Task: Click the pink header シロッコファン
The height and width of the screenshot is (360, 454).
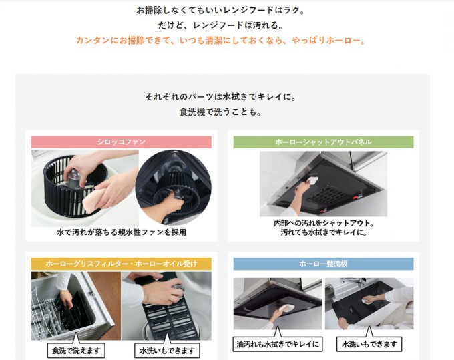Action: pos(122,142)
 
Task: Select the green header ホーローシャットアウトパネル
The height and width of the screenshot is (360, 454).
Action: pos(323,142)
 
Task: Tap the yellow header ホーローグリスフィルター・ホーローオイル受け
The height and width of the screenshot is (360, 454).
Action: pos(122,264)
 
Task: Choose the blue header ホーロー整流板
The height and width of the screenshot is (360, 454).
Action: pos(323,264)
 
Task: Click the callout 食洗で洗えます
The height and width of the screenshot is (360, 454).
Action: pos(76,351)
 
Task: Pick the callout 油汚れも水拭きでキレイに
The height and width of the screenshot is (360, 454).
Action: pos(278,345)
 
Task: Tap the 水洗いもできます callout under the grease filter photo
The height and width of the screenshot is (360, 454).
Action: pos(167,351)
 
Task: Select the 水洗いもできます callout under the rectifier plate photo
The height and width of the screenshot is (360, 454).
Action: pos(369,345)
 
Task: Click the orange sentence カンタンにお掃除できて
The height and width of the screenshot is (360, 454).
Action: pos(220,40)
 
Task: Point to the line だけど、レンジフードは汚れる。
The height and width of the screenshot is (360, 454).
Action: pos(220,25)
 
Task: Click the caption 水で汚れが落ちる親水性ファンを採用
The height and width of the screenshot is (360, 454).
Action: pos(122,232)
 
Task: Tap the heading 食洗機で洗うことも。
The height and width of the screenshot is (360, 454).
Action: pos(220,112)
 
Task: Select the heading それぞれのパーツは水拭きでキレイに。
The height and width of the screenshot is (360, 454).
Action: pos(220,96)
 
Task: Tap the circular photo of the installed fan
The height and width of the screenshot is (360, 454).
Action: pos(173,187)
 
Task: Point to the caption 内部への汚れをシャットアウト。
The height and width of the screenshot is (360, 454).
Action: pos(324,223)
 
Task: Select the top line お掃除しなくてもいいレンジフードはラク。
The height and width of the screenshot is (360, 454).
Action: pos(220,11)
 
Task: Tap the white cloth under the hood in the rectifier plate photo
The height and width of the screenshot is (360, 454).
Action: pos(287,308)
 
